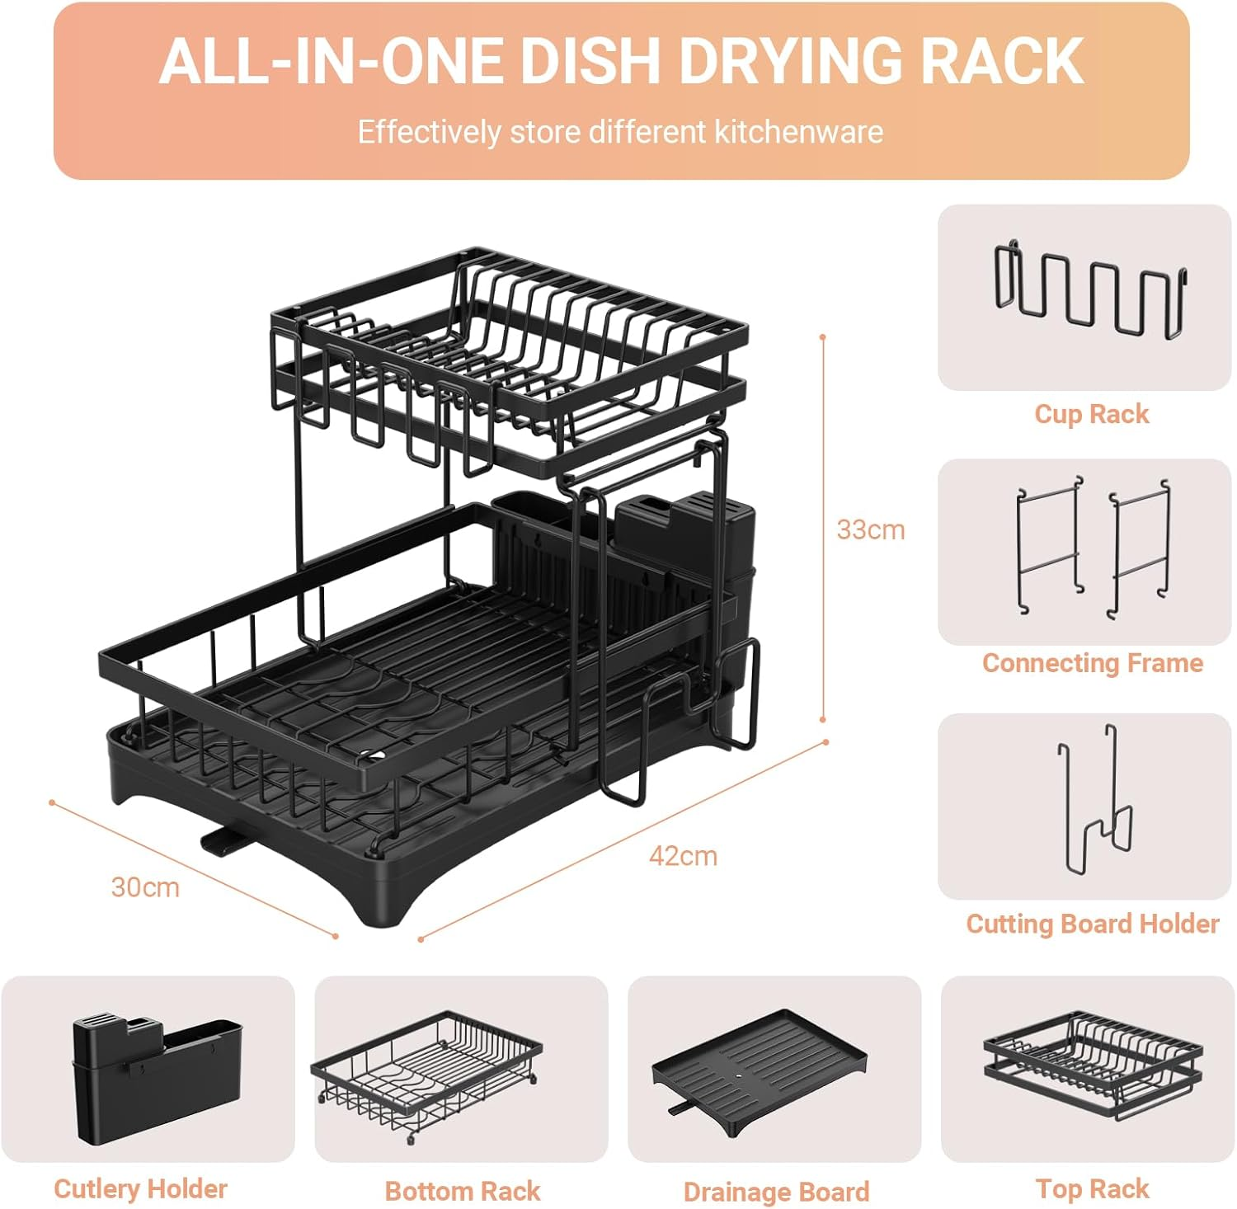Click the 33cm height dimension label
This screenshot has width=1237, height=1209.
[870, 529]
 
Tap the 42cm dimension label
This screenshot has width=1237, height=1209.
[683, 856]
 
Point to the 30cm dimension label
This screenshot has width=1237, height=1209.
[145, 887]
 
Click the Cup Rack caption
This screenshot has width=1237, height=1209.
[1091, 414]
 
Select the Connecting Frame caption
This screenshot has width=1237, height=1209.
[1092, 663]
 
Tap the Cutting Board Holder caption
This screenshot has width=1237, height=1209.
[1092, 924]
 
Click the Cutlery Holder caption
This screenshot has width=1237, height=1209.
[140, 1188]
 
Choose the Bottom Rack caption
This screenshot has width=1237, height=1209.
[462, 1191]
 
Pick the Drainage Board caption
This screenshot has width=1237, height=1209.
[776, 1192]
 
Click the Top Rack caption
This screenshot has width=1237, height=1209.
[1092, 1188]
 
